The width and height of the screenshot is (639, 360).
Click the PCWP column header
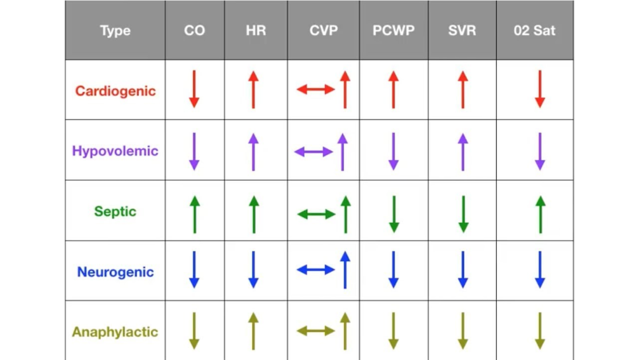(x=393, y=31)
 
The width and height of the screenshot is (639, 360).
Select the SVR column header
(x=462, y=31)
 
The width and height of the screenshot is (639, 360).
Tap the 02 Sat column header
(x=534, y=31)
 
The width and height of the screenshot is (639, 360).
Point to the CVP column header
(x=324, y=31)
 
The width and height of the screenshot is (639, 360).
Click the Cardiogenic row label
(x=115, y=91)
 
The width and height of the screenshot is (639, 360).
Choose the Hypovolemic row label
(x=115, y=151)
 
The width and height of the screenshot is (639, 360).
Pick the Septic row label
(x=115, y=212)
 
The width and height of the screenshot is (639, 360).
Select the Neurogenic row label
(x=115, y=271)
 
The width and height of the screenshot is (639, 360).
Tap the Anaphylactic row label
(x=115, y=332)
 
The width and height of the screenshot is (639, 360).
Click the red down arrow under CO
(x=195, y=89)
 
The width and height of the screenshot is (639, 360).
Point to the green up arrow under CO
(x=195, y=215)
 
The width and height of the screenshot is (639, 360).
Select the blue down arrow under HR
(x=253, y=270)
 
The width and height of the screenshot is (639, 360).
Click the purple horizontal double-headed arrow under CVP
(x=313, y=152)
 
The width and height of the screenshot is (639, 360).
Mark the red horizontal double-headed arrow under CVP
(x=315, y=89)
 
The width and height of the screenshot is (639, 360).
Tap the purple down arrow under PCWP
(x=394, y=152)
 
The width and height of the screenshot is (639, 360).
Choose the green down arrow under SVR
(x=463, y=215)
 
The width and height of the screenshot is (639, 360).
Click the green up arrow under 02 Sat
(x=540, y=215)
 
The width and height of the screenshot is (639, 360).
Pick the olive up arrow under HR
(x=253, y=331)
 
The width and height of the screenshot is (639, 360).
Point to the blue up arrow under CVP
(x=345, y=270)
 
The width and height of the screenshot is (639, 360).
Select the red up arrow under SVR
(x=463, y=90)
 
